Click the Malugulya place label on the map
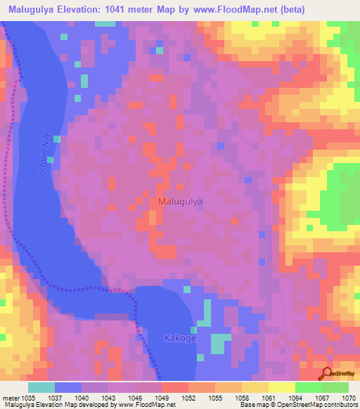click(181, 201)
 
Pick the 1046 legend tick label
click(134, 398)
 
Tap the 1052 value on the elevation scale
click(188, 398)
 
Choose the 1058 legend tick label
click(241, 398)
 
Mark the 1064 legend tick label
click(295, 398)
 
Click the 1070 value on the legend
click(347, 398)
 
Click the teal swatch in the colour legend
click(41, 387)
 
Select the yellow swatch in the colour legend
click(281, 387)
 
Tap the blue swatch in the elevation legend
click(68, 387)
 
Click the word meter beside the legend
click(11, 398)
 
